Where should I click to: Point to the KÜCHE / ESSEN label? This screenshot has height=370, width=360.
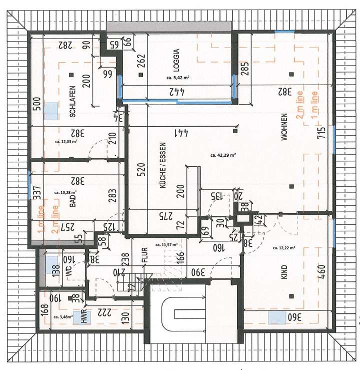pos(161,186)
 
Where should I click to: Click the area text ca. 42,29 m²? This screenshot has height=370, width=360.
pos(222,155)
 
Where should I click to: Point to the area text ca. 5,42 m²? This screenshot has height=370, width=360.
pos(177,78)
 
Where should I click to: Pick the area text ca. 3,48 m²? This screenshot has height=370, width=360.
pos(62,317)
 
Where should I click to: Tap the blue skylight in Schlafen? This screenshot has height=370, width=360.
pos(51,111)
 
